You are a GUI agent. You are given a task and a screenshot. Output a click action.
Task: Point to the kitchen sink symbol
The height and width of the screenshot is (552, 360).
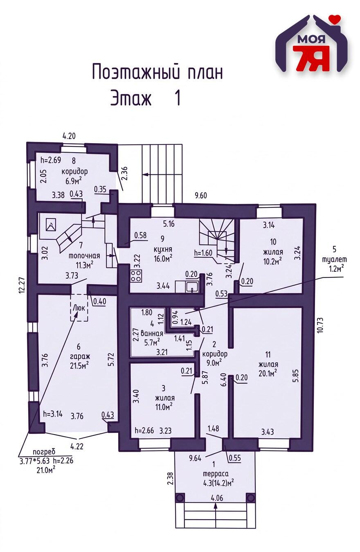coord(191,286)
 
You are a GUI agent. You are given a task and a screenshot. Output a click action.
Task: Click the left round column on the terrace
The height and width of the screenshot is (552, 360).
coord(180,497)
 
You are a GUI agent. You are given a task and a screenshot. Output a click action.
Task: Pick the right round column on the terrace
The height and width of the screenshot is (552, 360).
coord(250,497)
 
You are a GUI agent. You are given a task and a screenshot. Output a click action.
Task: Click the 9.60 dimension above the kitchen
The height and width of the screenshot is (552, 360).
coord(200,196)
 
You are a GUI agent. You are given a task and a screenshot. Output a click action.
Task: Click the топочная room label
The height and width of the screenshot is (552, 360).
coord(81,256)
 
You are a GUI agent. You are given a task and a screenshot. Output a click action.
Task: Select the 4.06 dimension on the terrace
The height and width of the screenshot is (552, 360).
coord(217,498)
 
